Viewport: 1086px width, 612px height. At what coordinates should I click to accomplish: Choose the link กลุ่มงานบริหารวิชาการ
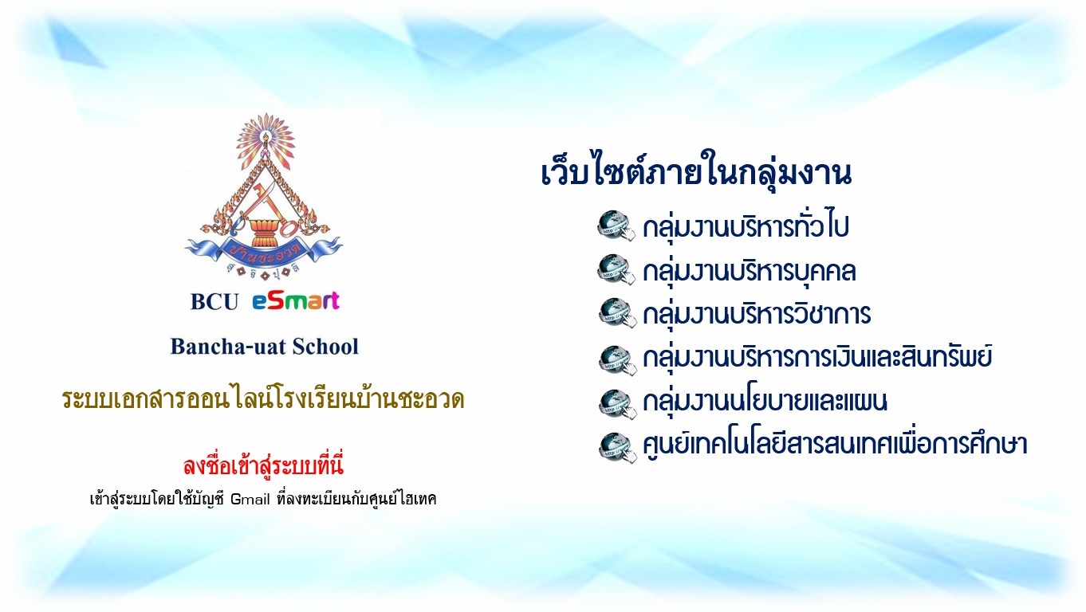tap(757, 312)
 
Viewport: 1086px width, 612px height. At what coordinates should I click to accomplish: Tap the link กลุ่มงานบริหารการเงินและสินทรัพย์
tap(817, 356)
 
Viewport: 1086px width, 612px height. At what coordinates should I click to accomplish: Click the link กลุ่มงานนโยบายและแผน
tap(765, 400)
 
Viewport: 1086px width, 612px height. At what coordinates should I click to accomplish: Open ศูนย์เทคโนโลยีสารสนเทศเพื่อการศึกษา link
tap(835, 442)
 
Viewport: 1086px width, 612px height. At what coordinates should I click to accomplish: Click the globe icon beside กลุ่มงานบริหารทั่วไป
tap(616, 226)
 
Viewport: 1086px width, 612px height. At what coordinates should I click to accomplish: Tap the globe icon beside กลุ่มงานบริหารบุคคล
tap(616, 269)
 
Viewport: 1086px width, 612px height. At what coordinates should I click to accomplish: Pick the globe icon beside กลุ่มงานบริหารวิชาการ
tap(617, 313)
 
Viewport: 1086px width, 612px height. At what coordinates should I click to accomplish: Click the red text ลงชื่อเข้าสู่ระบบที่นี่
tap(263, 465)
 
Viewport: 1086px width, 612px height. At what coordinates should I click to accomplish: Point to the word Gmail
tap(250, 499)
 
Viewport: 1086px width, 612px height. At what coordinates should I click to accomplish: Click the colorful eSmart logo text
tap(296, 301)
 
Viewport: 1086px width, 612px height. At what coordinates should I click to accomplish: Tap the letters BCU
tap(214, 301)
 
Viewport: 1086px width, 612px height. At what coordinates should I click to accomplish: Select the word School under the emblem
tap(325, 346)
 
